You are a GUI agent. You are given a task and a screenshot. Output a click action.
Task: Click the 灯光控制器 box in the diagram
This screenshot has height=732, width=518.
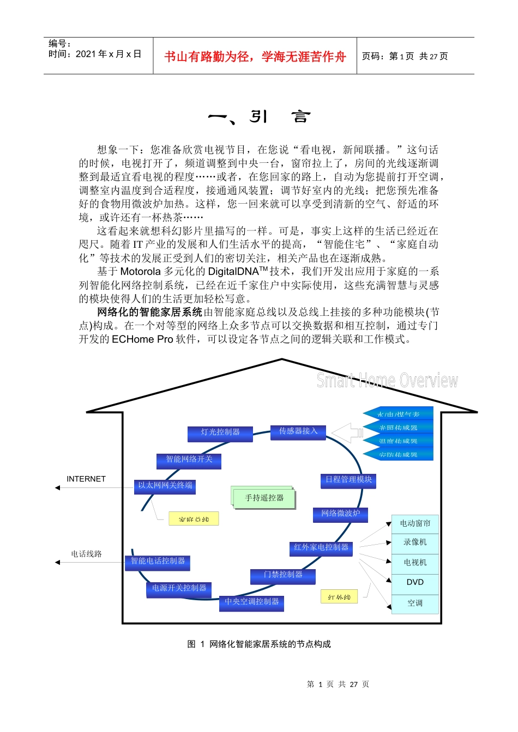click(220, 433)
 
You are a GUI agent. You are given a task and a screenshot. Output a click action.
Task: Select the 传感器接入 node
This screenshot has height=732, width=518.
click(298, 432)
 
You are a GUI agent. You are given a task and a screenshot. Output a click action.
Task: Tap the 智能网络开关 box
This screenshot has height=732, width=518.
click(189, 460)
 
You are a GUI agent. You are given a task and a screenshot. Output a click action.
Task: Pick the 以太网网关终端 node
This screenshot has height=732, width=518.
click(165, 486)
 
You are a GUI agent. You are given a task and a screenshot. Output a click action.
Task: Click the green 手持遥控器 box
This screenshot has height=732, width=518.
click(264, 498)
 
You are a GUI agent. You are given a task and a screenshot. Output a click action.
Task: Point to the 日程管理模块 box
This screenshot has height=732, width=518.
click(348, 480)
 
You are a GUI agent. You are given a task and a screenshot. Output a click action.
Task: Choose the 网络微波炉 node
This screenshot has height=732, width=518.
click(341, 514)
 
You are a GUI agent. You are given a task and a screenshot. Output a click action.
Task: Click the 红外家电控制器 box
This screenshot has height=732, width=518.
click(321, 548)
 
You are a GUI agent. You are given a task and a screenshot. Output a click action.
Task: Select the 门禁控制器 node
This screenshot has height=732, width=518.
click(282, 575)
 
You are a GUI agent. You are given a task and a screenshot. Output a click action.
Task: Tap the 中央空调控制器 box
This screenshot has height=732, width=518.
click(251, 602)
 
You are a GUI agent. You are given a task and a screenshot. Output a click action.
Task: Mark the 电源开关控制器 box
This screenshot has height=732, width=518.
click(179, 589)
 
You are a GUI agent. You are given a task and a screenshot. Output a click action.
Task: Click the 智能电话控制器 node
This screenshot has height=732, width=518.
click(158, 562)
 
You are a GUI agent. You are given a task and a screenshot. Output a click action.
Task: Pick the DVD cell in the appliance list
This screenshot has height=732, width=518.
click(415, 582)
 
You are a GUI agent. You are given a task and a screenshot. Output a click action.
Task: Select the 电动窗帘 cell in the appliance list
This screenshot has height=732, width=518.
click(415, 523)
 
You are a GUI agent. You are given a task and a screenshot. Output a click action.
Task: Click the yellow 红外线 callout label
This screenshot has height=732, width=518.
click(339, 597)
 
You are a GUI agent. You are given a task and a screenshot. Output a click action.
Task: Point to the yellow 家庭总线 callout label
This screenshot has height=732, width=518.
click(194, 519)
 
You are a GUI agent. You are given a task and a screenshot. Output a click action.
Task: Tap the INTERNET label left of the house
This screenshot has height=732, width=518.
click(86, 479)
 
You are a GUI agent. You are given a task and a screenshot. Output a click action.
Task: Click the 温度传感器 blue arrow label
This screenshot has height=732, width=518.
click(399, 441)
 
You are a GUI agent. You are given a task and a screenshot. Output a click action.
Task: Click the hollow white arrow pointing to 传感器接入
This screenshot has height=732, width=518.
click(347, 433)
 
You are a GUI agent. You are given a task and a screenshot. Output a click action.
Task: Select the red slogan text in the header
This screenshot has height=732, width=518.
click(255, 56)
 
